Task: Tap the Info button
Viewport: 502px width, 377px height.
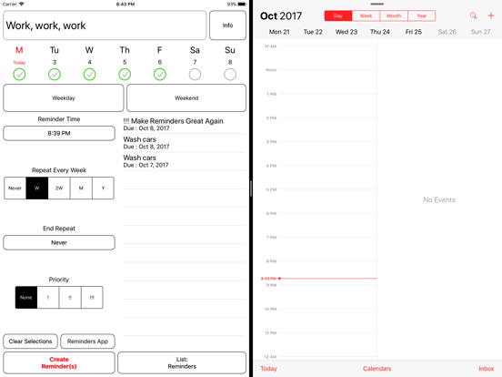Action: pyautogui.click(x=227, y=25)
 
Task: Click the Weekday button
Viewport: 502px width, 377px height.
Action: pyautogui.click(x=64, y=97)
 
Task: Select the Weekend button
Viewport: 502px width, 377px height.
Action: pyautogui.click(x=186, y=97)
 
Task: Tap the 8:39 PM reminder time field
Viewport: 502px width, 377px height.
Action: pyautogui.click(x=59, y=133)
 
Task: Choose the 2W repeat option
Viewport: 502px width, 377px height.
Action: pyautogui.click(x=59, y=188)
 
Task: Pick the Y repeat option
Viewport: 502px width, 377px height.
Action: pyautogui.click(x=103, y=188)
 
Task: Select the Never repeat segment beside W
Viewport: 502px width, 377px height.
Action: pyautogui.click(x=15, y=188)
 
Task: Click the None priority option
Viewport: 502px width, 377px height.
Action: pyautogui.click(x=26, y=297)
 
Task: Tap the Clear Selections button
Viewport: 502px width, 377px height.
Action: pyautogui.click(x=30, y=341)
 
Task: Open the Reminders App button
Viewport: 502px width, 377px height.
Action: pyautogui.click(x=87, y=341)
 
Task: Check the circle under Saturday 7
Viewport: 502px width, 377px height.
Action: pyautogui.click(x=195, y=74)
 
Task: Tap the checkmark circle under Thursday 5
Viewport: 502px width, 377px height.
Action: pyautogui.click(x=125, y=74)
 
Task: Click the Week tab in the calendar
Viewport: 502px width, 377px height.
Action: pyautogui.click(x=366, y=15)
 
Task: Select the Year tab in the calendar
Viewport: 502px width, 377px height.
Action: pyautogui.click(x=421, y=15)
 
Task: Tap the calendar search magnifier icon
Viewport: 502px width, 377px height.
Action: pyautogui.click(x=473, y=15)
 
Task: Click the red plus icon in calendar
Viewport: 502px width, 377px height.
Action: pyautogui.click(x=491, y=15)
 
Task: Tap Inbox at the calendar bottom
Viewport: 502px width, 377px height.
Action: pyautogui.click(x=487, y=369)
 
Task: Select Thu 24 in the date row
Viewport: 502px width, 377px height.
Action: pyautogui.click(x=380, y=32)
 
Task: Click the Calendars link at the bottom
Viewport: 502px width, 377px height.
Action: pyautogui.click(x=376, y=369)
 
